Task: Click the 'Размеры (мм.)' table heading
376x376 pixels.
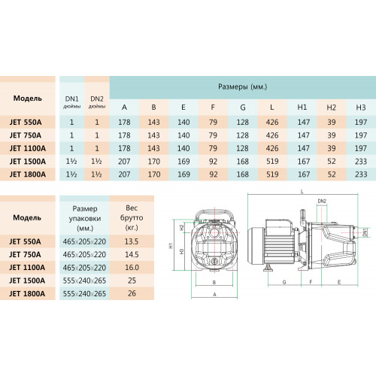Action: tap(242, 86)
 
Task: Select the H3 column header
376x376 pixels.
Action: tap(361, 108)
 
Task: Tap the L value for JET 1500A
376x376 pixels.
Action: tap(272, 161)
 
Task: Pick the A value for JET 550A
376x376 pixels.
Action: tap(124, 122)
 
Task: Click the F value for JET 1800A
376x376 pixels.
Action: tap(213, 174)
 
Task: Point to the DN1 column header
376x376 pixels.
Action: tap(71, 102)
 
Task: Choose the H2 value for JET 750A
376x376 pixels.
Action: tap(332, 135)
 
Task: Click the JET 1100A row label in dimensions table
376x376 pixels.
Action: tap(28, 148)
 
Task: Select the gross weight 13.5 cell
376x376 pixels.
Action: tap(132, 241)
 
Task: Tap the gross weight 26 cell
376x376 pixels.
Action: tap(132, 293)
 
